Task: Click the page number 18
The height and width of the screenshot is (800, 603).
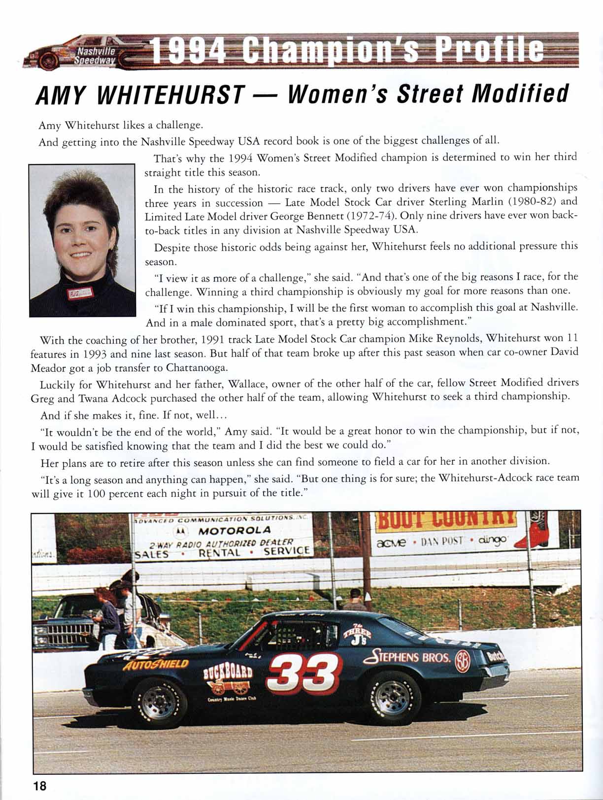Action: point(39,785)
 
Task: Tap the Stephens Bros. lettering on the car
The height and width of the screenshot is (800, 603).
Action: point(407,657)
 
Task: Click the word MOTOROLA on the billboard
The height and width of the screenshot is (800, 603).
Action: point(234,530)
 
